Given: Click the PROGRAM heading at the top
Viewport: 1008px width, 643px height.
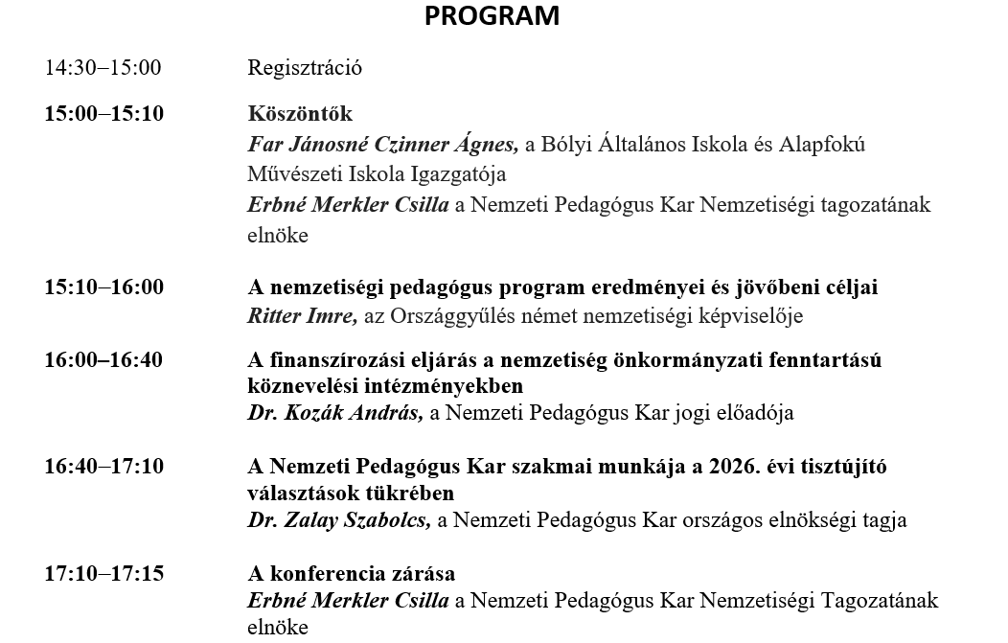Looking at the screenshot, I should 492,16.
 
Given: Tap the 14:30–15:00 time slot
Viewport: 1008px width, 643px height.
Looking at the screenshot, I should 103,68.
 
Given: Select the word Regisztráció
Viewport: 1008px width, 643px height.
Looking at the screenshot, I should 305,68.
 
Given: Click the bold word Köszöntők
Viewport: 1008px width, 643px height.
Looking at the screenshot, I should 300,114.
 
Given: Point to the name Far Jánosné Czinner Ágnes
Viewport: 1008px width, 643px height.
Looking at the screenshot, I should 382,145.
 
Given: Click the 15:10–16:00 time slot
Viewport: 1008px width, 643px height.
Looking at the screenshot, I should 103,287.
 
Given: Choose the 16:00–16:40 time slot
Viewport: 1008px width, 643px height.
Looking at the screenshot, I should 103,360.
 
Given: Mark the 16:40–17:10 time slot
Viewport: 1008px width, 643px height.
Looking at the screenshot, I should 103,467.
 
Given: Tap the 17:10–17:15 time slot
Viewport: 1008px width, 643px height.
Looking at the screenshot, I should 103,574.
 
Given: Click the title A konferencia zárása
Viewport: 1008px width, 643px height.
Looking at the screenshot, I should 352,574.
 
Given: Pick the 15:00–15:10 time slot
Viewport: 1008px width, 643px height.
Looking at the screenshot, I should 103,114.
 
